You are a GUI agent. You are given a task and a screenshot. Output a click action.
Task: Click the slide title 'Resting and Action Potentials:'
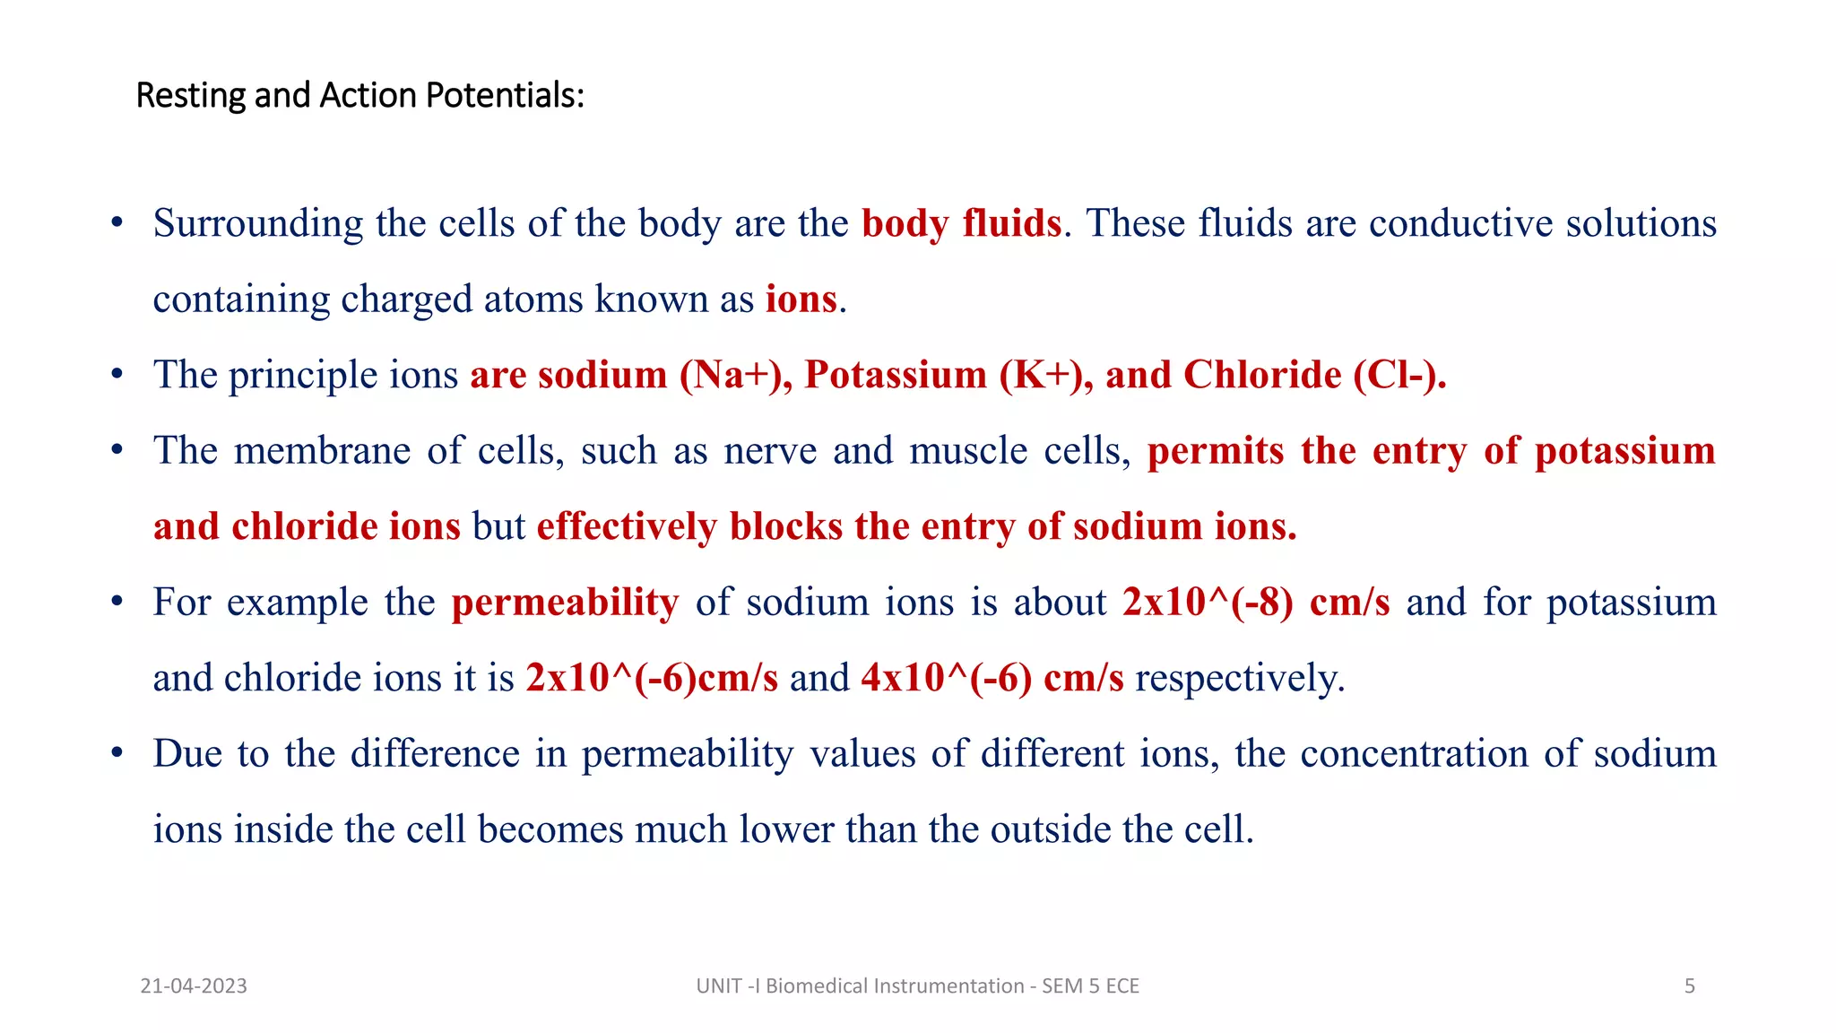click(359, 95)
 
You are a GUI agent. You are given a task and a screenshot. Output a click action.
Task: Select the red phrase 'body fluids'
click(961, 223)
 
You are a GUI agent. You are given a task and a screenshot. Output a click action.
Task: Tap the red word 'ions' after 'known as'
click(801, 299)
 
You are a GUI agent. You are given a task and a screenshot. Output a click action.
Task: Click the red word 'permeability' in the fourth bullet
click(565, 602)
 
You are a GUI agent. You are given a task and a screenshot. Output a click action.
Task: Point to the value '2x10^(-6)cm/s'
click(652, 678)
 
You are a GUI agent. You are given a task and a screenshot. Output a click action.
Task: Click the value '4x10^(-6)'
click(946, 678)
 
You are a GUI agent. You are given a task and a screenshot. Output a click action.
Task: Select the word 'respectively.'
click(1240, 678)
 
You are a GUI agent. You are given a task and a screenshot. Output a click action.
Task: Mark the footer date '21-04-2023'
click(194, 986)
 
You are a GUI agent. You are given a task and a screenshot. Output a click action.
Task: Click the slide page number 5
click(1689, 986)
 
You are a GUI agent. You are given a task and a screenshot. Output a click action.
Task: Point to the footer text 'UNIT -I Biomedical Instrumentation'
click(860, 986)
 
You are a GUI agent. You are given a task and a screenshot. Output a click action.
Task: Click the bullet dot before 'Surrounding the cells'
click(117, 222)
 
